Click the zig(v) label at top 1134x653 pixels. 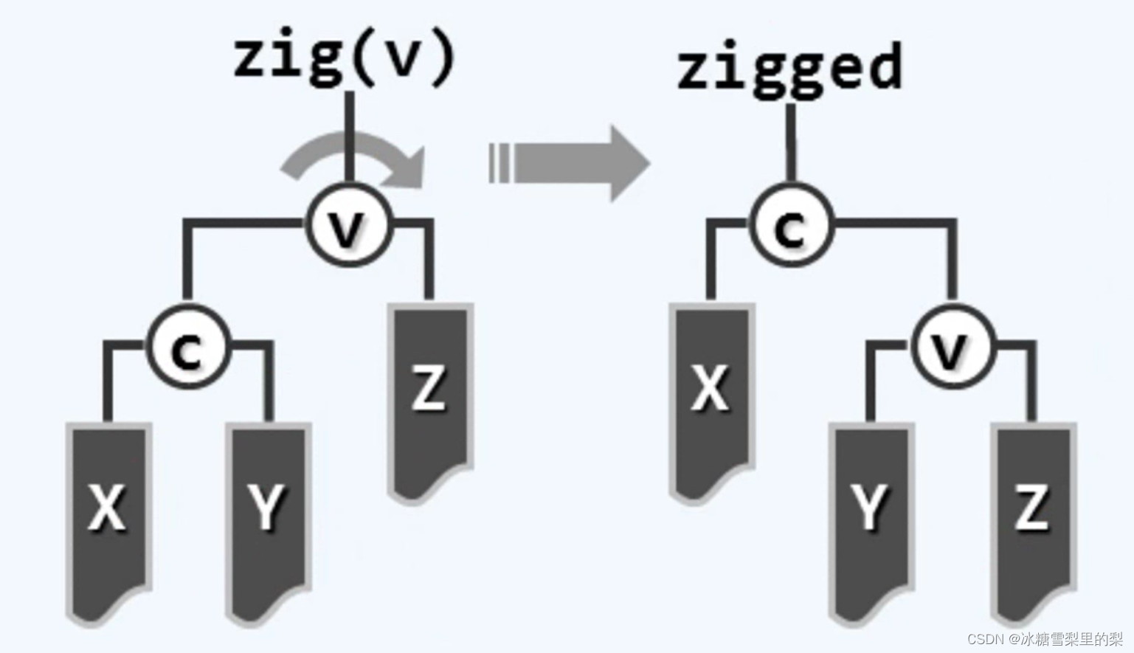(345, 58)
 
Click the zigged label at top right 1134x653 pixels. (789, 68)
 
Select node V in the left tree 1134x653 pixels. (348, 224)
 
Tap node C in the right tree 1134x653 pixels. (791, 226)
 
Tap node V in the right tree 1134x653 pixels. (952, 348)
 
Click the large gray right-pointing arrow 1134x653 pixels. (575, 163)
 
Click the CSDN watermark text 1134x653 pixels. (1043, 638)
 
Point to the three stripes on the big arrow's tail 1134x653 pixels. (499, 163)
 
